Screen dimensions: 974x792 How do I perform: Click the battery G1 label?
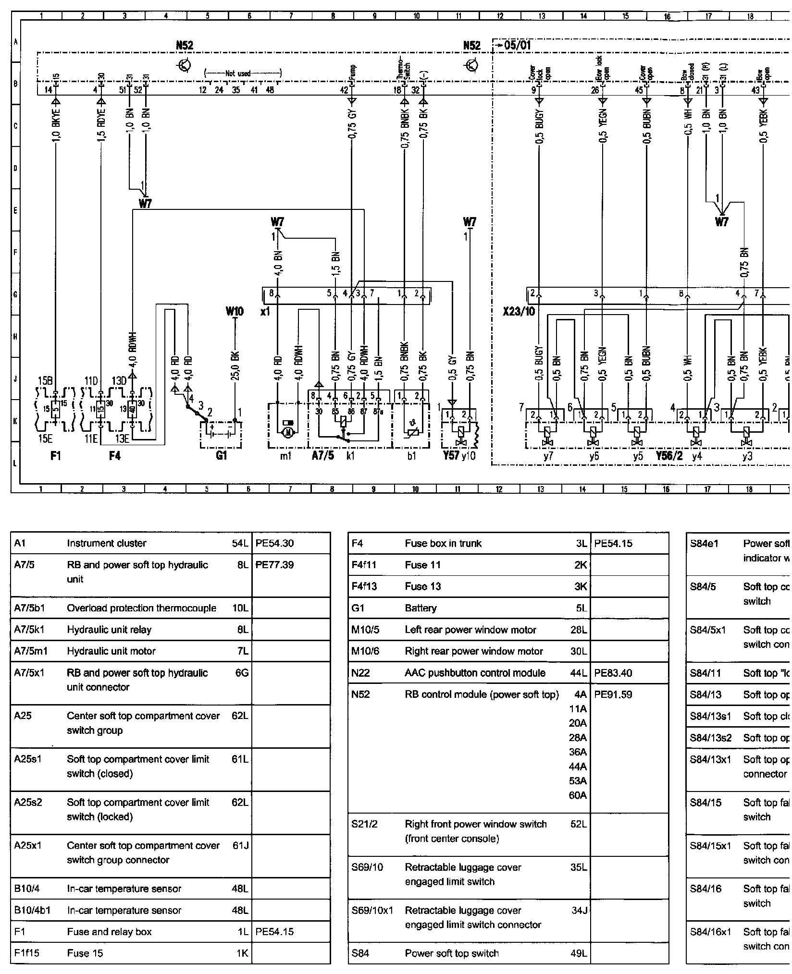coord(221,455)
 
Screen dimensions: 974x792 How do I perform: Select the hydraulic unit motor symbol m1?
coord(288,432)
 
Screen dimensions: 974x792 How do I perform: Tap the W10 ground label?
coord(235,312)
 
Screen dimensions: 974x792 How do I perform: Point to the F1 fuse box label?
coord(56,455)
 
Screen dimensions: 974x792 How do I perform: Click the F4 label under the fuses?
coord(114,455)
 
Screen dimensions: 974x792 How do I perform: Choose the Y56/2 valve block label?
coord(669,455)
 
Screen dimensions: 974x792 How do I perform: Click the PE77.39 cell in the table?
coord(275,565)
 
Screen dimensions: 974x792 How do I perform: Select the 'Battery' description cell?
coord(421,608)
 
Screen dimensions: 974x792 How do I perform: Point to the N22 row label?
coord(361,673)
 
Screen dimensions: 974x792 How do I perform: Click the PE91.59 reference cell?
coord(613,694)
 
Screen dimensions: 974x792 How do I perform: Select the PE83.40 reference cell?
coord(613,673)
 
